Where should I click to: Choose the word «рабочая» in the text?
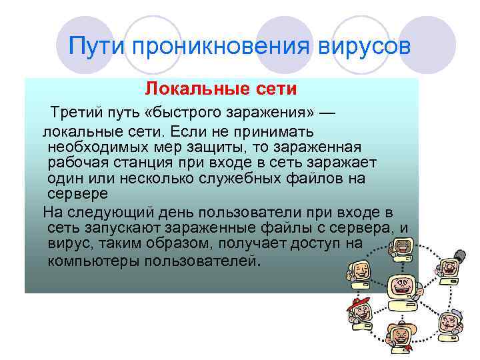pyautogui.click(x=72, y=163)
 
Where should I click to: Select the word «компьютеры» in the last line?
pyautogui.click(x=89, y=261)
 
